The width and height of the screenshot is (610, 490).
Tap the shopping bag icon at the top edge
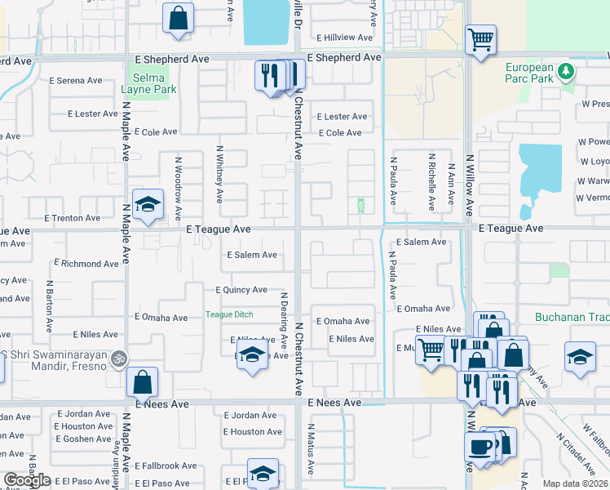click(178, 17)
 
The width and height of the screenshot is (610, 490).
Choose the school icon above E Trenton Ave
click(148, 204)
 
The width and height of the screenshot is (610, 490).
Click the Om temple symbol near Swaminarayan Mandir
click(117, 358)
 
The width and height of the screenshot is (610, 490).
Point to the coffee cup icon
click(479, 447)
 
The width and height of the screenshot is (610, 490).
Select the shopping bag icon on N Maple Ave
click(142, 381)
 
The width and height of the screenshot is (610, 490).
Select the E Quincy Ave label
click(241, 290)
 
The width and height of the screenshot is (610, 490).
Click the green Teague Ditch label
click(229, 314)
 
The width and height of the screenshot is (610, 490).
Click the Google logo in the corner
click(28, 480)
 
